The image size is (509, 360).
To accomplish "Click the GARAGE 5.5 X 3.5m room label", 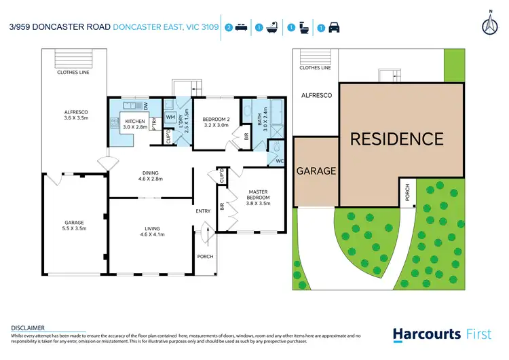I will [74, 226].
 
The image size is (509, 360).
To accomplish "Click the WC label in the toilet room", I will [279, 161].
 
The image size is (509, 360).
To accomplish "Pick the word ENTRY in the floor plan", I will [203, 211].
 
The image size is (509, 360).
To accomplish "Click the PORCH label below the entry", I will [205, 257].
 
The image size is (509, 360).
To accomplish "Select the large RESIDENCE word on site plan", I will [396, 139].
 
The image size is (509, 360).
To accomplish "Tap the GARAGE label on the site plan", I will [316, 171].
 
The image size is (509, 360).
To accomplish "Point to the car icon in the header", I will [334, 28].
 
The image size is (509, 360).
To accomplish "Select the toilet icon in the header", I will [305, 28].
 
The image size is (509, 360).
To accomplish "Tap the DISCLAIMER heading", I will [27, 327].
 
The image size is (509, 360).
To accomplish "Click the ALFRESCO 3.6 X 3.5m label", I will [74, 115].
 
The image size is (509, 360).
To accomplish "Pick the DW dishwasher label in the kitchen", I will [147, 106].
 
